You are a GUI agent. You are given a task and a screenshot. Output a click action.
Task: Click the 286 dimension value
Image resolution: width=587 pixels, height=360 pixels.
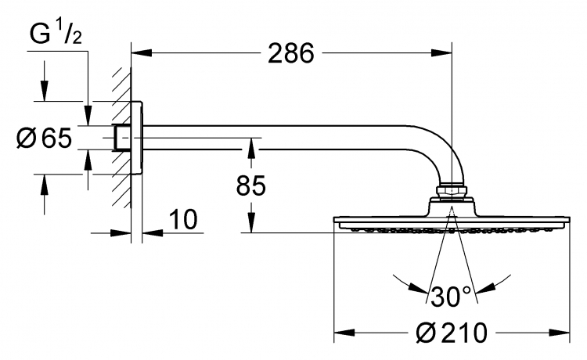(x=291, y=52)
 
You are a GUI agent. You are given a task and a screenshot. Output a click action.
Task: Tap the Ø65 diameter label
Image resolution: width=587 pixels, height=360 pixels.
(x=44, y=138)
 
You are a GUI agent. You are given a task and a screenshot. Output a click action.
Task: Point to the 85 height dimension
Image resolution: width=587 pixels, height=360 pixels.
(x=250, y=185)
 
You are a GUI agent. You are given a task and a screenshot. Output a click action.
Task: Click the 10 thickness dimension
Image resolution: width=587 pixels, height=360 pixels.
(x=183, y=219)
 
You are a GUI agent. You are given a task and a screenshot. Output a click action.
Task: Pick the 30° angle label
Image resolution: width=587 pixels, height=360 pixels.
(x=451, y=296)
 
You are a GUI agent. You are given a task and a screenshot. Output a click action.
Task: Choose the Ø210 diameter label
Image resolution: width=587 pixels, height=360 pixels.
(x=452, y=333)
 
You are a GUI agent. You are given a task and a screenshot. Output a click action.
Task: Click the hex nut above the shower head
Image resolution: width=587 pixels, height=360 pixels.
(x=452, y=191)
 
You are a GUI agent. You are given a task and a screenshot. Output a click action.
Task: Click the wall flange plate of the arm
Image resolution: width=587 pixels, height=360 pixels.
(x=137, y=137)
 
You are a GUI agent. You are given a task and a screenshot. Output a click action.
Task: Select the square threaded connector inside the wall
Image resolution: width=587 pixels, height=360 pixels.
(x=122, y=137)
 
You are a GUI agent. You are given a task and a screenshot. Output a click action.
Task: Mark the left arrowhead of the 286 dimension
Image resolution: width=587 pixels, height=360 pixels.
(x=142, y=52)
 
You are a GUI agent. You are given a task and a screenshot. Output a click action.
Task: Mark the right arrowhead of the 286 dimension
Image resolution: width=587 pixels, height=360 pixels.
(x=441, y=52)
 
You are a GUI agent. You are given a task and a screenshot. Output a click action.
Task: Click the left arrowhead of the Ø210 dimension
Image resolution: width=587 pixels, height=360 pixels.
(x=344, y=333)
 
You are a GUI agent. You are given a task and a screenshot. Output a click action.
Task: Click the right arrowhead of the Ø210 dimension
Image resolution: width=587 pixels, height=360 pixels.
(x=560, y=333)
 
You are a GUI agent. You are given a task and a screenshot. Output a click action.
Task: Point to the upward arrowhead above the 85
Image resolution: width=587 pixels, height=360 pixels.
(x=251, y=148)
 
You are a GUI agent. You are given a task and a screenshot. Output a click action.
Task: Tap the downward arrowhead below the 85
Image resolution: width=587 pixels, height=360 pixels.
(x=251, y=223)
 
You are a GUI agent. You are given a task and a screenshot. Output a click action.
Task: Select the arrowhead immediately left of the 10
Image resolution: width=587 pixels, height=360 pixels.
(x=153, y=232)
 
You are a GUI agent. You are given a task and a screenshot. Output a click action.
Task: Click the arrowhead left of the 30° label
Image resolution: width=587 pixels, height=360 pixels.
(x=418, y=287)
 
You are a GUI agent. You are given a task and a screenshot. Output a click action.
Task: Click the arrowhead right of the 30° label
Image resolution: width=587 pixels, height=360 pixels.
(x=484, y=287)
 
